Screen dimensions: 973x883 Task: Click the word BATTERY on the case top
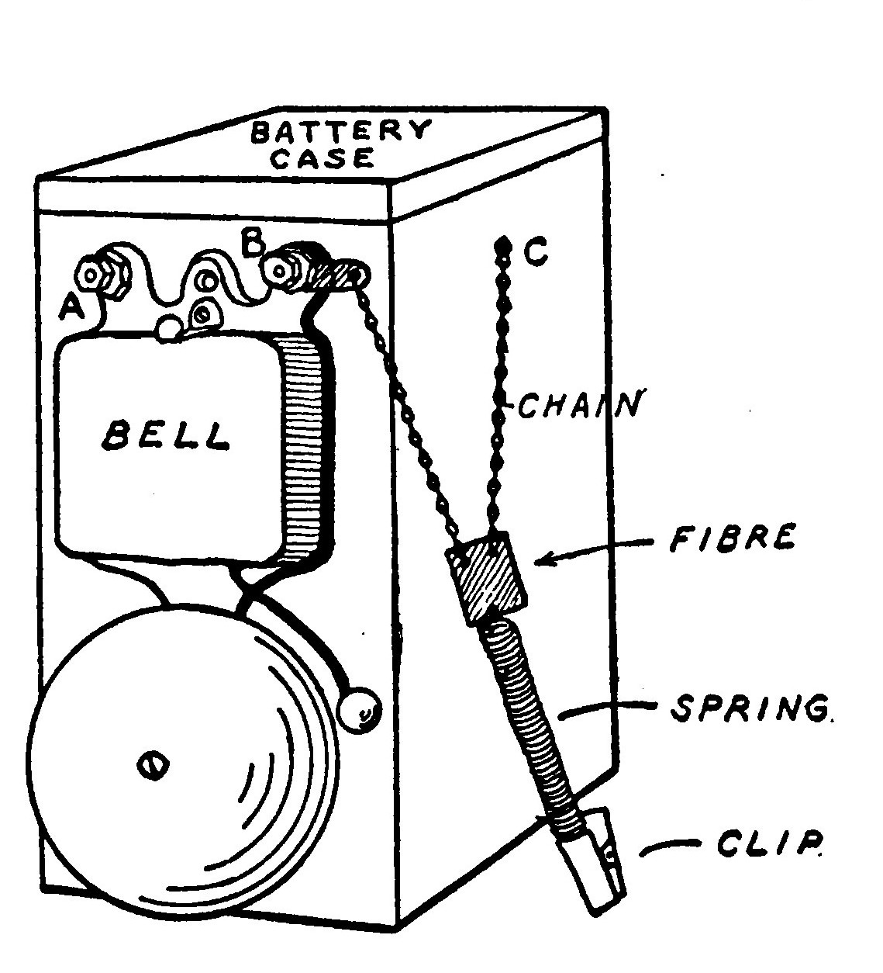(340, 131)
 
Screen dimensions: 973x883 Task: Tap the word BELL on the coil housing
(166, 436)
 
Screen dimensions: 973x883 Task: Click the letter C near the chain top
(536, 251)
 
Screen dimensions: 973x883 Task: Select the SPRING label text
(745, 708)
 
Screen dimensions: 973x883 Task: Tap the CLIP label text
(770, 845)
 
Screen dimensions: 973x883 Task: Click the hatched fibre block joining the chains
(487, 577)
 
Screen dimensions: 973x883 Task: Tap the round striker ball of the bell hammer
(360, 706)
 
